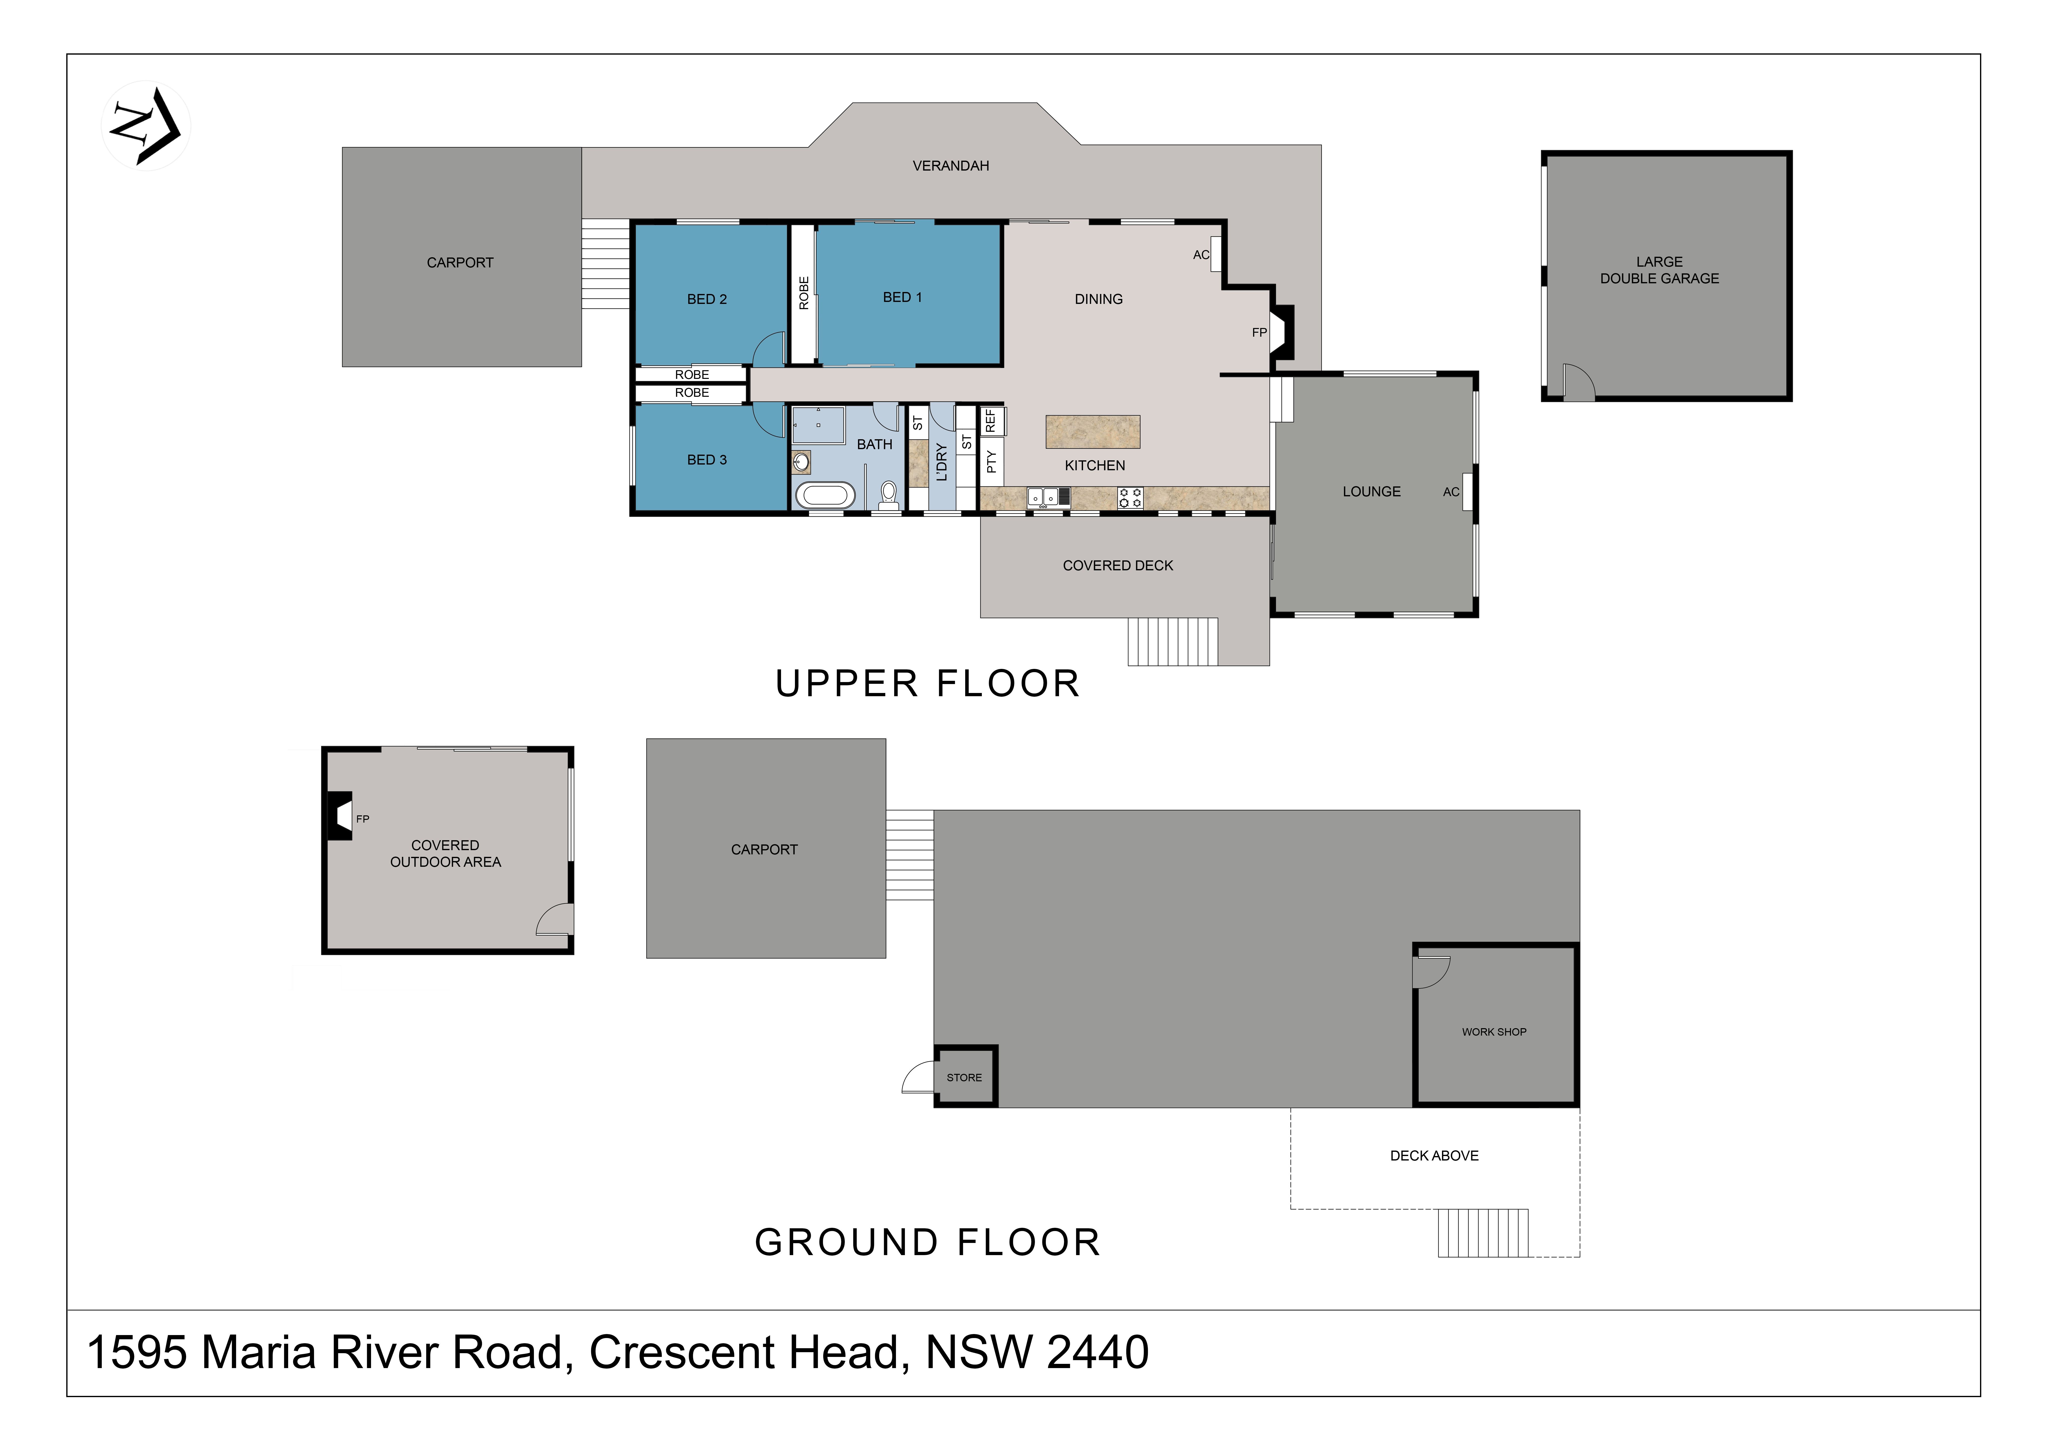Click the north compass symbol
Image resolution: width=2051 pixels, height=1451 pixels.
point(146,126)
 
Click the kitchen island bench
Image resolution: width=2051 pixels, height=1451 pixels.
point(1093,432)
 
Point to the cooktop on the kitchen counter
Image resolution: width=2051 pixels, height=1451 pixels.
point(1130,498)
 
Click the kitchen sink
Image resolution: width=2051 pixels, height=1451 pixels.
point(1048,497)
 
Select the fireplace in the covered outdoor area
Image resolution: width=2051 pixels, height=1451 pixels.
point(340,816)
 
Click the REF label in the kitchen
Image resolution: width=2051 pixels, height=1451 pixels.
point(990,421)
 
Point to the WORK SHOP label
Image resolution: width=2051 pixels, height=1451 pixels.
point(1494,1032)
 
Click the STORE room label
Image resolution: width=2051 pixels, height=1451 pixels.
point(964,1078)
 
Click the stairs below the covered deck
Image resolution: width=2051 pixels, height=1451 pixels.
point(1172,642)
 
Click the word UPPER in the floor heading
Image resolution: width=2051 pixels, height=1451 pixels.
point(847,684)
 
